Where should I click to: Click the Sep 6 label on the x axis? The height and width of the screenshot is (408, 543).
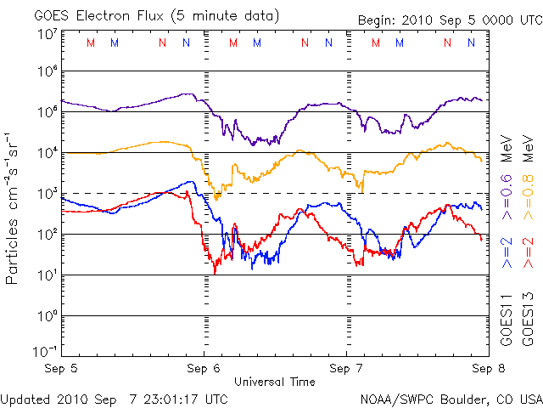click(x=203, y=370)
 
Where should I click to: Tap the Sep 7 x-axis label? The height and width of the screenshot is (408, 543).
click(x=344, y=370)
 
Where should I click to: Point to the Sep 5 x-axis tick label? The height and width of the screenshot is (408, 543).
click(x=62, y=370)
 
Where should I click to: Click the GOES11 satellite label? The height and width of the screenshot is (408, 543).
click(x=507, y=323)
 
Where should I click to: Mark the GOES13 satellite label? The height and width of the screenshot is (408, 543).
click(x=528, y=323)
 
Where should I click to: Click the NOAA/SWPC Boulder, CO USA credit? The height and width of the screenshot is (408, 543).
click(x=450, y=398)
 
